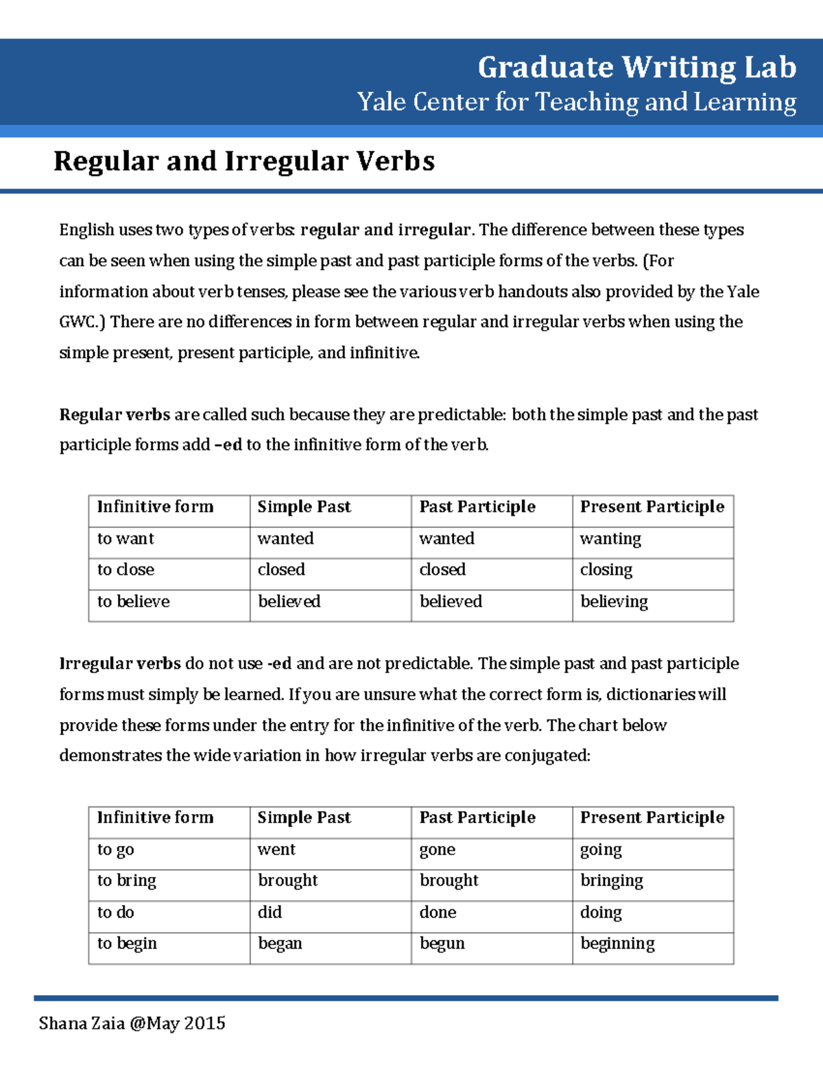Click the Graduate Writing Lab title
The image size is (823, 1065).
[636, 68]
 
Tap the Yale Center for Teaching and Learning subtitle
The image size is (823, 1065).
[576, 102]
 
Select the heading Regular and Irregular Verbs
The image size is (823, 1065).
[244, 161]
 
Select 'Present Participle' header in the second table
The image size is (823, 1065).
[652, 817]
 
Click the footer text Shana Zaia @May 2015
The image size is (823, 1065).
[132, 1023]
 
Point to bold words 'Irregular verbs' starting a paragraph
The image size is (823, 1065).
[120, 664]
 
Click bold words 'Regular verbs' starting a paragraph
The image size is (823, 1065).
[115, 415]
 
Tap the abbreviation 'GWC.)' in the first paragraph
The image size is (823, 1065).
[82, 322]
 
